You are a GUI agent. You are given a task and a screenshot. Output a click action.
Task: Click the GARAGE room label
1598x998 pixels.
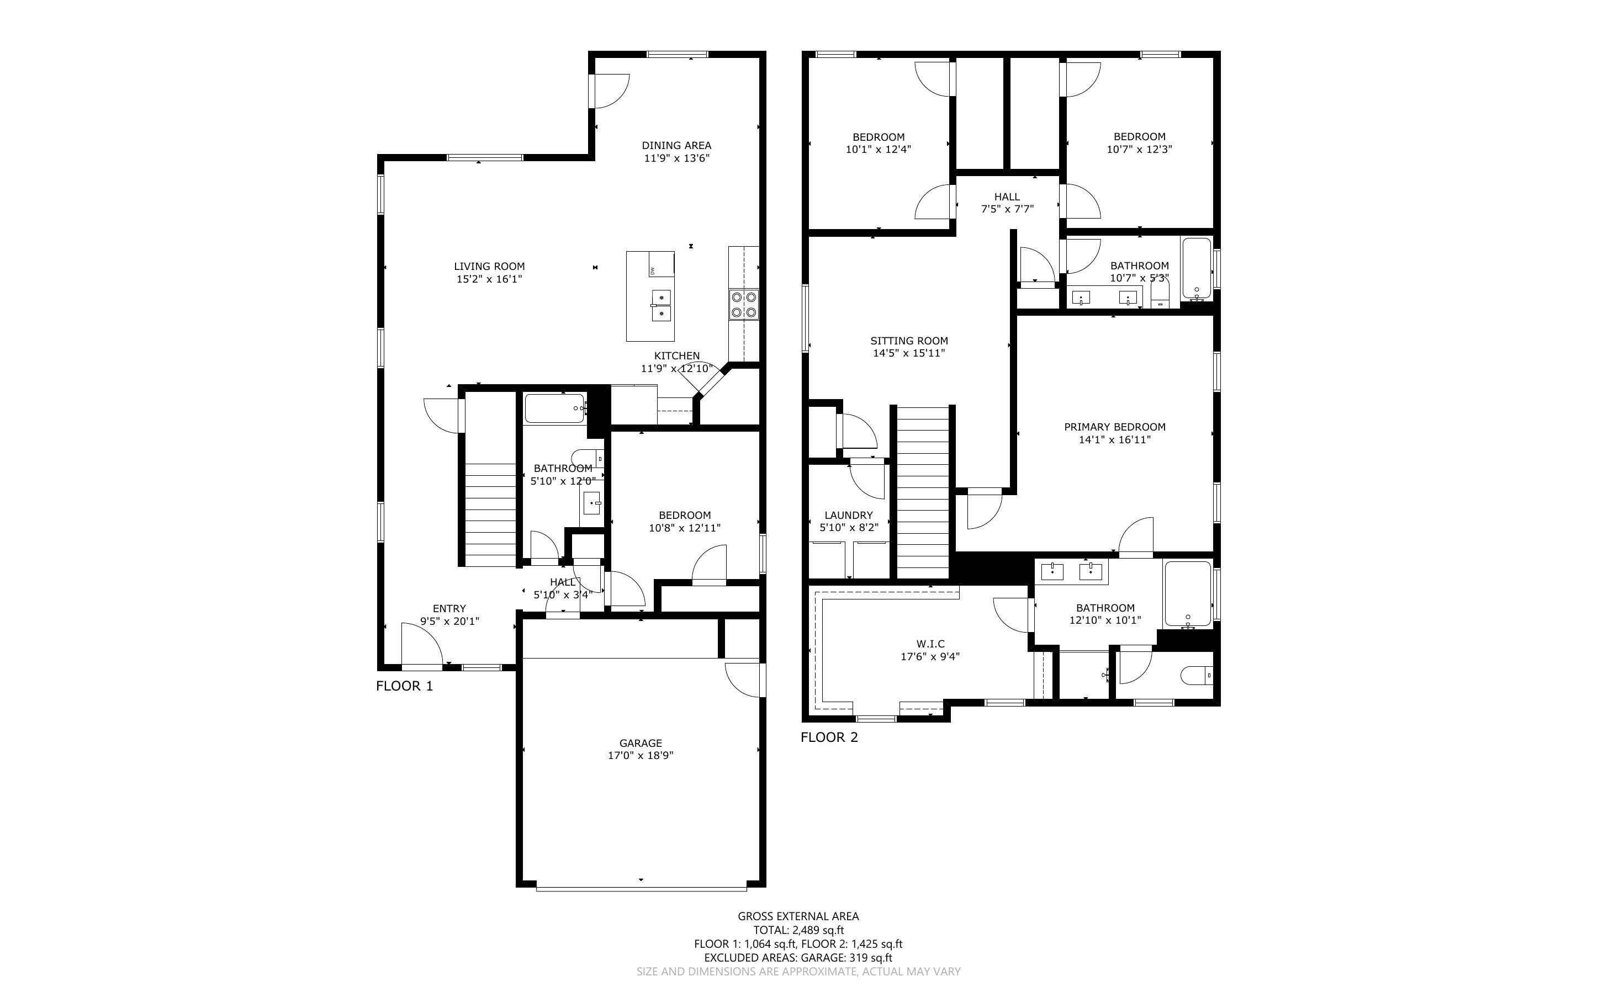(641, 742)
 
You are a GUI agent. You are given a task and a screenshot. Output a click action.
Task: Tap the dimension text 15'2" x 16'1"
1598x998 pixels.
(489, 279)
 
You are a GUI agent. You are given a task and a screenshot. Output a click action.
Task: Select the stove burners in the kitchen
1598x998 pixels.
(744, 304)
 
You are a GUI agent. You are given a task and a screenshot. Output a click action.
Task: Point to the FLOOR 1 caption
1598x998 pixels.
(404, 686)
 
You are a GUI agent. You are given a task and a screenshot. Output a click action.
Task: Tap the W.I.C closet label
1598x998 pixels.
(930, 644)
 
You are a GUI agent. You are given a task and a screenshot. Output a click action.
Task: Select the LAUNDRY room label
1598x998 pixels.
(848, 515)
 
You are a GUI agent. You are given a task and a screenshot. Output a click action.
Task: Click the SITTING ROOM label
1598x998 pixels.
(909, 341)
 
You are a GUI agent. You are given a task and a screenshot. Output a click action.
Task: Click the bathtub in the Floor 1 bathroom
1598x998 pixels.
(554, 408)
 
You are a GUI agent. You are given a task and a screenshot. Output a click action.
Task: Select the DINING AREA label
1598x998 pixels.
(676, 145)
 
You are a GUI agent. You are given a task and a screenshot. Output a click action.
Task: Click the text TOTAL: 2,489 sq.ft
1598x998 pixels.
(798, 930)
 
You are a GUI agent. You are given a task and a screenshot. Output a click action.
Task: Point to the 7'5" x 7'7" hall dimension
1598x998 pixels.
(1007, 209)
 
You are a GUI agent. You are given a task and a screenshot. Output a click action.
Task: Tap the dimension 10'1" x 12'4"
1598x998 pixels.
(878, 149)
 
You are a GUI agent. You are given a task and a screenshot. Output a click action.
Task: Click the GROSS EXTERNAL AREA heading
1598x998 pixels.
(798, 916)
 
